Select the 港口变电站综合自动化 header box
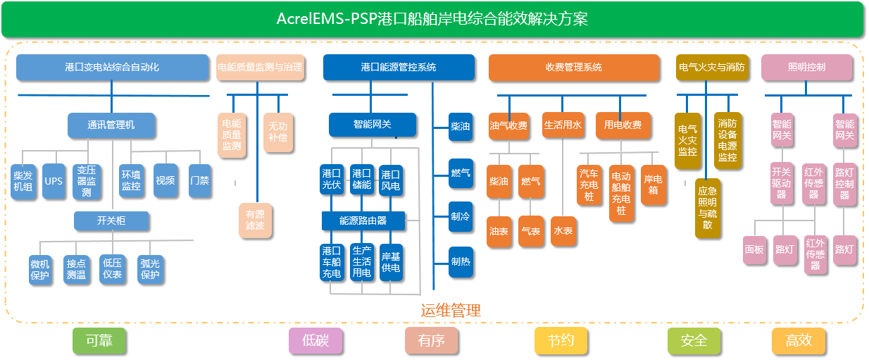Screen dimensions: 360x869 (x=112, y=68)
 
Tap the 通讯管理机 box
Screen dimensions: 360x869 (x=111, y=125)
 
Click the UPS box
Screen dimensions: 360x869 (x=54, y=181)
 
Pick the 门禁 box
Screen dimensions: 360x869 (x=199, y=180)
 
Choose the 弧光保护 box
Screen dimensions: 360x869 (x=150, y=269)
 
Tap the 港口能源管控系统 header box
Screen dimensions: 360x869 (x=399, y=68)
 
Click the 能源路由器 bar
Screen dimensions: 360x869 (x=363, y=221)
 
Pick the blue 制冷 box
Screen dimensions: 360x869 (x=461, y=216)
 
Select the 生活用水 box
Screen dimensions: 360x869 (x=563, y=125)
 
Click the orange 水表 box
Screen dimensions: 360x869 (x=563, y=231)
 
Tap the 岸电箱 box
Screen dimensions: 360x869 (x=654, y=185)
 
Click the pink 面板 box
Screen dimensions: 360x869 (x=754, y=249)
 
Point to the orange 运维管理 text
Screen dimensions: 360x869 (x=451, y=311)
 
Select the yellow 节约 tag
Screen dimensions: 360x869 (x=561, y=341)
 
